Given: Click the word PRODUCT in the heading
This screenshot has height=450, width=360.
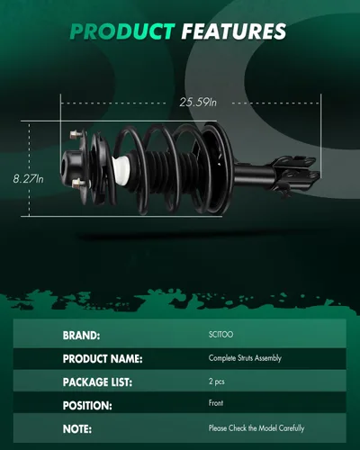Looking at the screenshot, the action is [122, 31].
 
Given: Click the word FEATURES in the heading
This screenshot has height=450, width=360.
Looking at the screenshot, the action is [234, 31].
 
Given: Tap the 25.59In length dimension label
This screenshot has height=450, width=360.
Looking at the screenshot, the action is [198, 103].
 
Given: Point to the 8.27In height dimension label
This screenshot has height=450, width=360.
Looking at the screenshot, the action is [28, 179].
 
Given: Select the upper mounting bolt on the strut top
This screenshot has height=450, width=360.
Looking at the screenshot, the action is [75, 134].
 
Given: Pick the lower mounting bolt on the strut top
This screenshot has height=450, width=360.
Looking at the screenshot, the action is [78, 182].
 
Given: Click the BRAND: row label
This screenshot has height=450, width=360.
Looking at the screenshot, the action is [81, 336].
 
